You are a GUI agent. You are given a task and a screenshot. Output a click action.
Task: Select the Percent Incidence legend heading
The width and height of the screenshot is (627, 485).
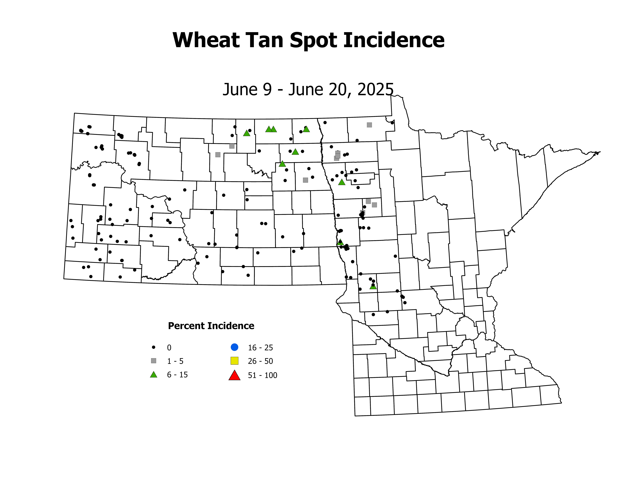(211, 326)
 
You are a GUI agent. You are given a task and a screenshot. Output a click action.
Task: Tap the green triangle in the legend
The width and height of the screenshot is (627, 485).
(154, 375)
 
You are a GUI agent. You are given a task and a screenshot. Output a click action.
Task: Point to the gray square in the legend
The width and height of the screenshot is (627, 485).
(154, 361)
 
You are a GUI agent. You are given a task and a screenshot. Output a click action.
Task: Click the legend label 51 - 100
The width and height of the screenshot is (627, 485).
(262, 375)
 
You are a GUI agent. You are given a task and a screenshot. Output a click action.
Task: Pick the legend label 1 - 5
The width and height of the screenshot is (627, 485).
(175, 361)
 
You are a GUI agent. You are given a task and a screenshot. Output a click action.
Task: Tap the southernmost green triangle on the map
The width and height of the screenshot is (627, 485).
(373, 286)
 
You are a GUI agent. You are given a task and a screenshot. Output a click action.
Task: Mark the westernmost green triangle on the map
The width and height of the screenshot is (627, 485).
(247, 133)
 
